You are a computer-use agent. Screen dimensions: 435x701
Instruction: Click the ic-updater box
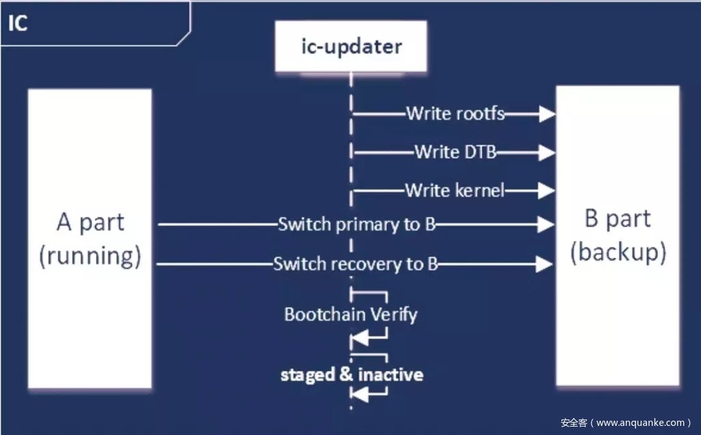(352, 47)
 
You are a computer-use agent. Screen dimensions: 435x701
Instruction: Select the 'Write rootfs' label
(455, 114)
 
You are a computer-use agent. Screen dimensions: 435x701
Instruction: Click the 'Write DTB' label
(455, 152)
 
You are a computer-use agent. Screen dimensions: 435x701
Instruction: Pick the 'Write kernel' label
(455, 190)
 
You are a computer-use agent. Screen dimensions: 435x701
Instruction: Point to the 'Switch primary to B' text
(357, 224)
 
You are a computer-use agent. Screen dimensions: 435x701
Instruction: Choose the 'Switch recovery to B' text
(355, 264)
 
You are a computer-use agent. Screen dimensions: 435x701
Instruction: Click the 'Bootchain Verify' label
(350, 315)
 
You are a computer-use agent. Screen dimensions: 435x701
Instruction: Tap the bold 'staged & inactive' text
(352, 375)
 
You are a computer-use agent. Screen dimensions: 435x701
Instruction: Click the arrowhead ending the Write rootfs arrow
(546, 114)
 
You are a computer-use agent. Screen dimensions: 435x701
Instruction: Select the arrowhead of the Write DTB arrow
(546, 153)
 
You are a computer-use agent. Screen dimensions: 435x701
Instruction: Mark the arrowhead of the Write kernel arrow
(546, 190)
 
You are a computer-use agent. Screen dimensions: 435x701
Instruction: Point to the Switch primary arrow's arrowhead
(546, 224)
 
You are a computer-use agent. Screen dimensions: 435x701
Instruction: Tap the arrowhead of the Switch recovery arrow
(546, 264)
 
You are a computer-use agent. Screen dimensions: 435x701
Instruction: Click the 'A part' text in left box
(90, 223)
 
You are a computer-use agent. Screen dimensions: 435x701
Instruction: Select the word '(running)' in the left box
(90, 256)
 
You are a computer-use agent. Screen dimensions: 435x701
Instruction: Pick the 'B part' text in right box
(617, 219)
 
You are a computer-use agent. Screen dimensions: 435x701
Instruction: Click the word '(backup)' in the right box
(618, 252)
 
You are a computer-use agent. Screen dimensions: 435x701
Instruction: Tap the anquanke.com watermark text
(626, 423)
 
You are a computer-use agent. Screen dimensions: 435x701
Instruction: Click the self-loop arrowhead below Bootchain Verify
(359, 337)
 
